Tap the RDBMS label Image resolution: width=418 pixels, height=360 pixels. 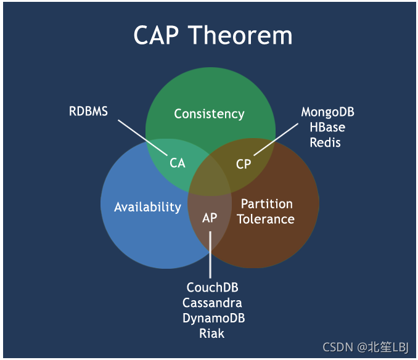(x=88, y=111)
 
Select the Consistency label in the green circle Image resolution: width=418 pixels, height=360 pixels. (x=209, y=113)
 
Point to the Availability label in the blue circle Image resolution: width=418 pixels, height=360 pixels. (x=147, y=207)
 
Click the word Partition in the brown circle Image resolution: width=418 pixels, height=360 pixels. (x=266, y=204)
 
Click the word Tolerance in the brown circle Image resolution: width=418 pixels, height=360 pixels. (x=266, y=219)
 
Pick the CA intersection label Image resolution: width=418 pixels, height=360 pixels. (x=178, y=163)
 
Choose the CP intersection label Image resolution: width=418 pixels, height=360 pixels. (x=244, y=164)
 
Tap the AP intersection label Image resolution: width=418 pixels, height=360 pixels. (x=210, y=218)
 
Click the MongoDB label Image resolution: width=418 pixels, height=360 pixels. (x=327, y=112)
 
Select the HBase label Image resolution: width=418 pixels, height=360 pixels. (x=327, y=128)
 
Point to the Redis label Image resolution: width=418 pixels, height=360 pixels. (x=326, y=142)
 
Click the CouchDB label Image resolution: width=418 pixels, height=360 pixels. (x=212, y=288)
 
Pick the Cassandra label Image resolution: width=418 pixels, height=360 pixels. (x=212, y=303)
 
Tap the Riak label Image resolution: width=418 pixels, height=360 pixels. (x=211, y=333)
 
